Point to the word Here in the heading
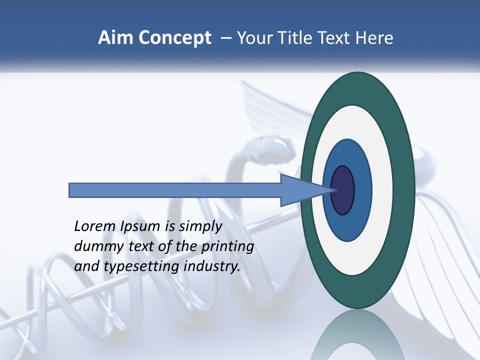tap(375, 38)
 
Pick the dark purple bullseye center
tap(343, 190)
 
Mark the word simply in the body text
tap(201, 226)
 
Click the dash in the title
tap(225, 38)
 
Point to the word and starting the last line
tap(86, 266)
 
